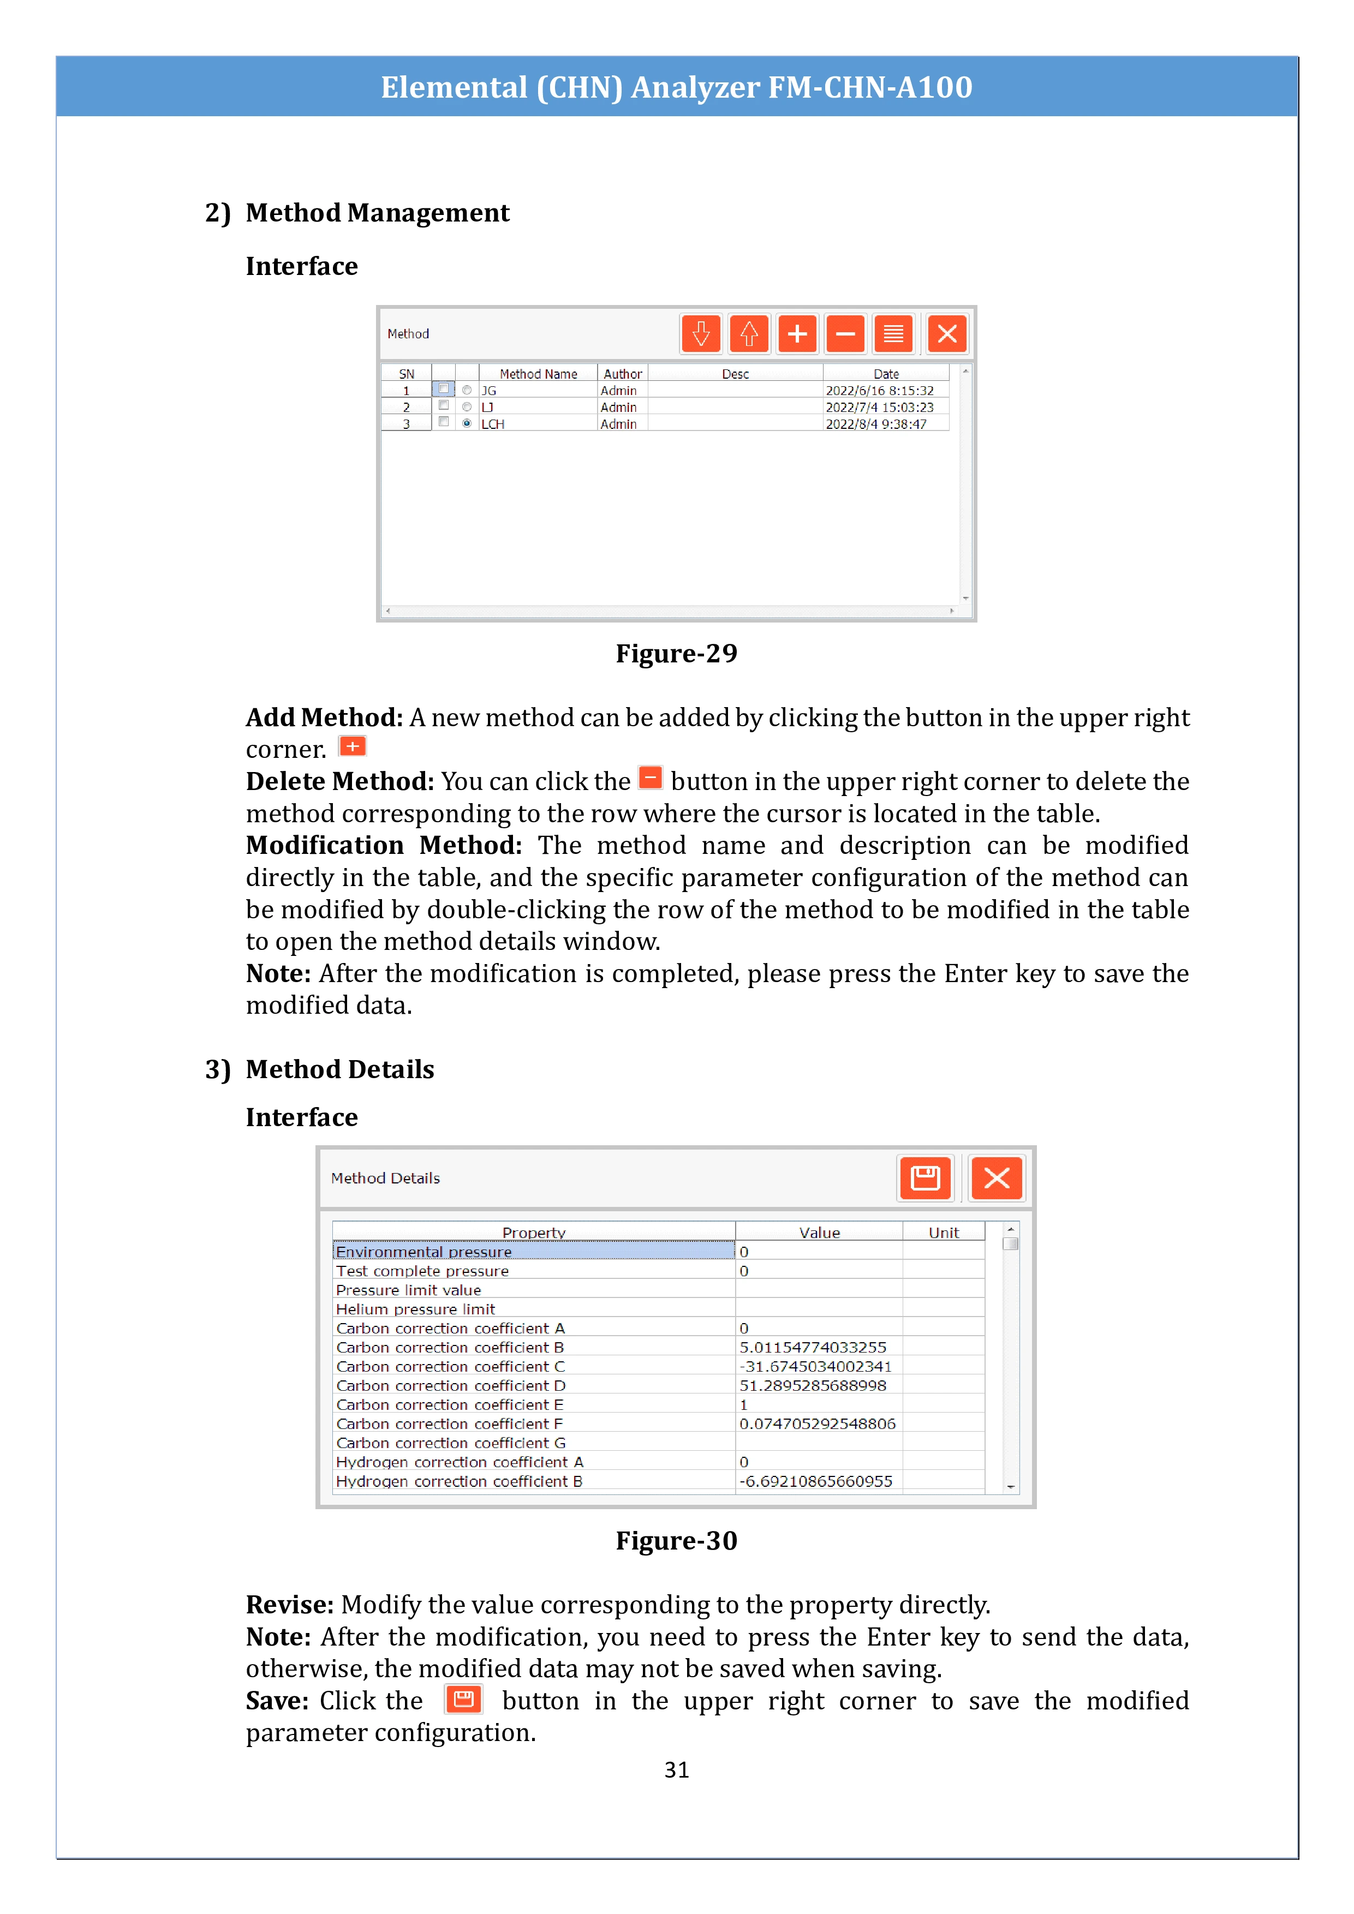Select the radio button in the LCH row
[467, 423]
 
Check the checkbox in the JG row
[444, 390]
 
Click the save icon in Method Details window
[924, 1178]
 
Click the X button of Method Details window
[997, 1178]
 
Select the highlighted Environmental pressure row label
[424, 1251]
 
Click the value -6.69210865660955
[815, 1481]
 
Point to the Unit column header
[943, 1232]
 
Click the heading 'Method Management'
[377, 213]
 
